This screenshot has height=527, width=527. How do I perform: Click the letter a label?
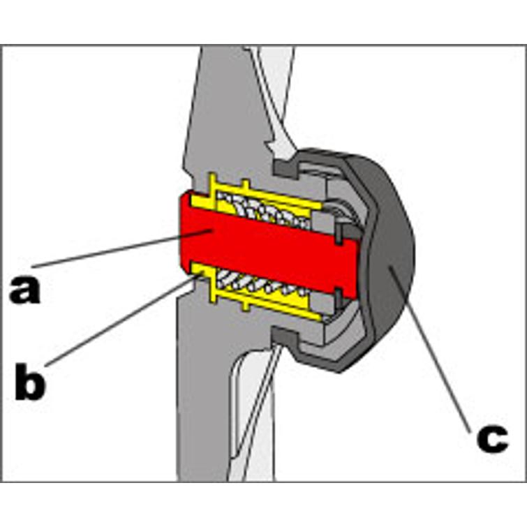25,289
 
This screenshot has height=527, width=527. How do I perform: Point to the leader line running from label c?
433,349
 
